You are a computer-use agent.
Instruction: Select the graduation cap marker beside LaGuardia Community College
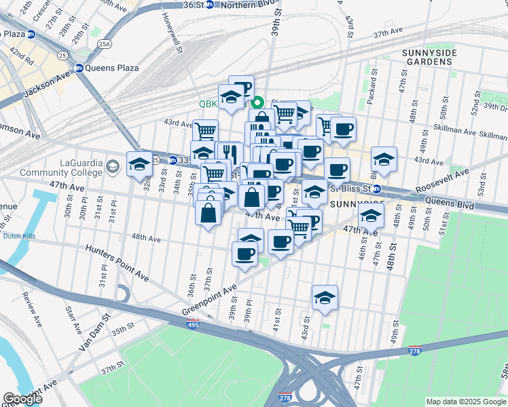click(139, 165)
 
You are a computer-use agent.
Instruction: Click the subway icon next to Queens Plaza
click(79, 68)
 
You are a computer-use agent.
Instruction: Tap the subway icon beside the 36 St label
click(209, 4)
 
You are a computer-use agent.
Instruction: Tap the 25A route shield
click(104, 44)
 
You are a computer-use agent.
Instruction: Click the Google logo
click(22, 398)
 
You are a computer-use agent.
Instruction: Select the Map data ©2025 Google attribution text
click(466, 402)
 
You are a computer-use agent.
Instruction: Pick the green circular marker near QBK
click(257, 104)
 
